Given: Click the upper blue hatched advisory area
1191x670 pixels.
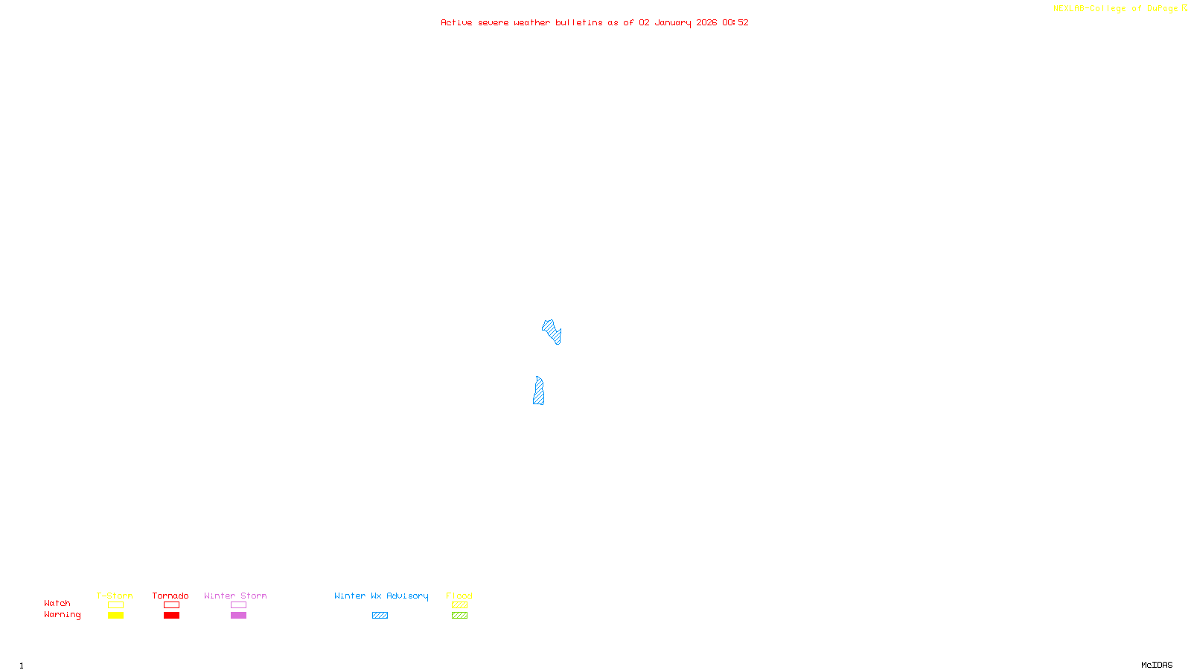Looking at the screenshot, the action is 552,331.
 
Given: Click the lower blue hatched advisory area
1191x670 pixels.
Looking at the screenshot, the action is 538,392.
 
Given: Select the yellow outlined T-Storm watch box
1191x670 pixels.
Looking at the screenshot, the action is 115,605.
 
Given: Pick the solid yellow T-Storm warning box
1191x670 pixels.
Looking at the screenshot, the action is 115,616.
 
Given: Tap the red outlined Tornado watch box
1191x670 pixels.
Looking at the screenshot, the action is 171,605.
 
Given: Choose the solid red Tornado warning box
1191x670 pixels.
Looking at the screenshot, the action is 171,616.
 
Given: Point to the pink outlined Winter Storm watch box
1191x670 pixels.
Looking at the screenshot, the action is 238,605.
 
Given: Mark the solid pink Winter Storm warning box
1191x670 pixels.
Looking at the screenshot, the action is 238,616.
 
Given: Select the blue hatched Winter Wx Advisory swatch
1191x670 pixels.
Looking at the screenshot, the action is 380,616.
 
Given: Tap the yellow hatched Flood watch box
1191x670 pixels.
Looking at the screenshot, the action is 459,605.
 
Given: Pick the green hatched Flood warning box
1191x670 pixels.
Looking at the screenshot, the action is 459,616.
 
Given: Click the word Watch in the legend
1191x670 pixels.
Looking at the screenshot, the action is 57,604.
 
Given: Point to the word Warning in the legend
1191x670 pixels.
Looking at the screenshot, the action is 62,615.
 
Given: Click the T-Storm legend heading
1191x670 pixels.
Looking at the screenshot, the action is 115,596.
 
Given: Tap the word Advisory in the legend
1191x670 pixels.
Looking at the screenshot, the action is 407,596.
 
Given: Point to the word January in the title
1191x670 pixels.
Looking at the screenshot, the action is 673,22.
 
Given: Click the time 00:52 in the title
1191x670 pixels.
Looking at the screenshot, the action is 735,22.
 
